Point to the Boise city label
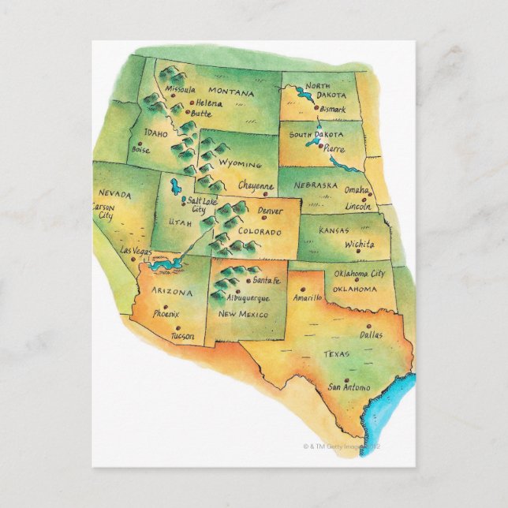pyautogui.click(x=141, y=149)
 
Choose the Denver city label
pyautogui.click(x=270, y=211)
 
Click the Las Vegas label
pyautogui.click(x=136, y=250)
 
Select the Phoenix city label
pyautogui.click(x=166, y=313)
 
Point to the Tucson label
pyautogui.click(x=181, y=337)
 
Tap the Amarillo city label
pyautogui.click(x=306, y=298)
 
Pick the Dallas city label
pyautogui.click(x=370, y=335)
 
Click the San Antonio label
pyautogui.click(x=349, y=387)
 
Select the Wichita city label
pyautogui.click(x=359, y=245)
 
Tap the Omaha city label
pyautogui.click(x=356, y=190)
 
